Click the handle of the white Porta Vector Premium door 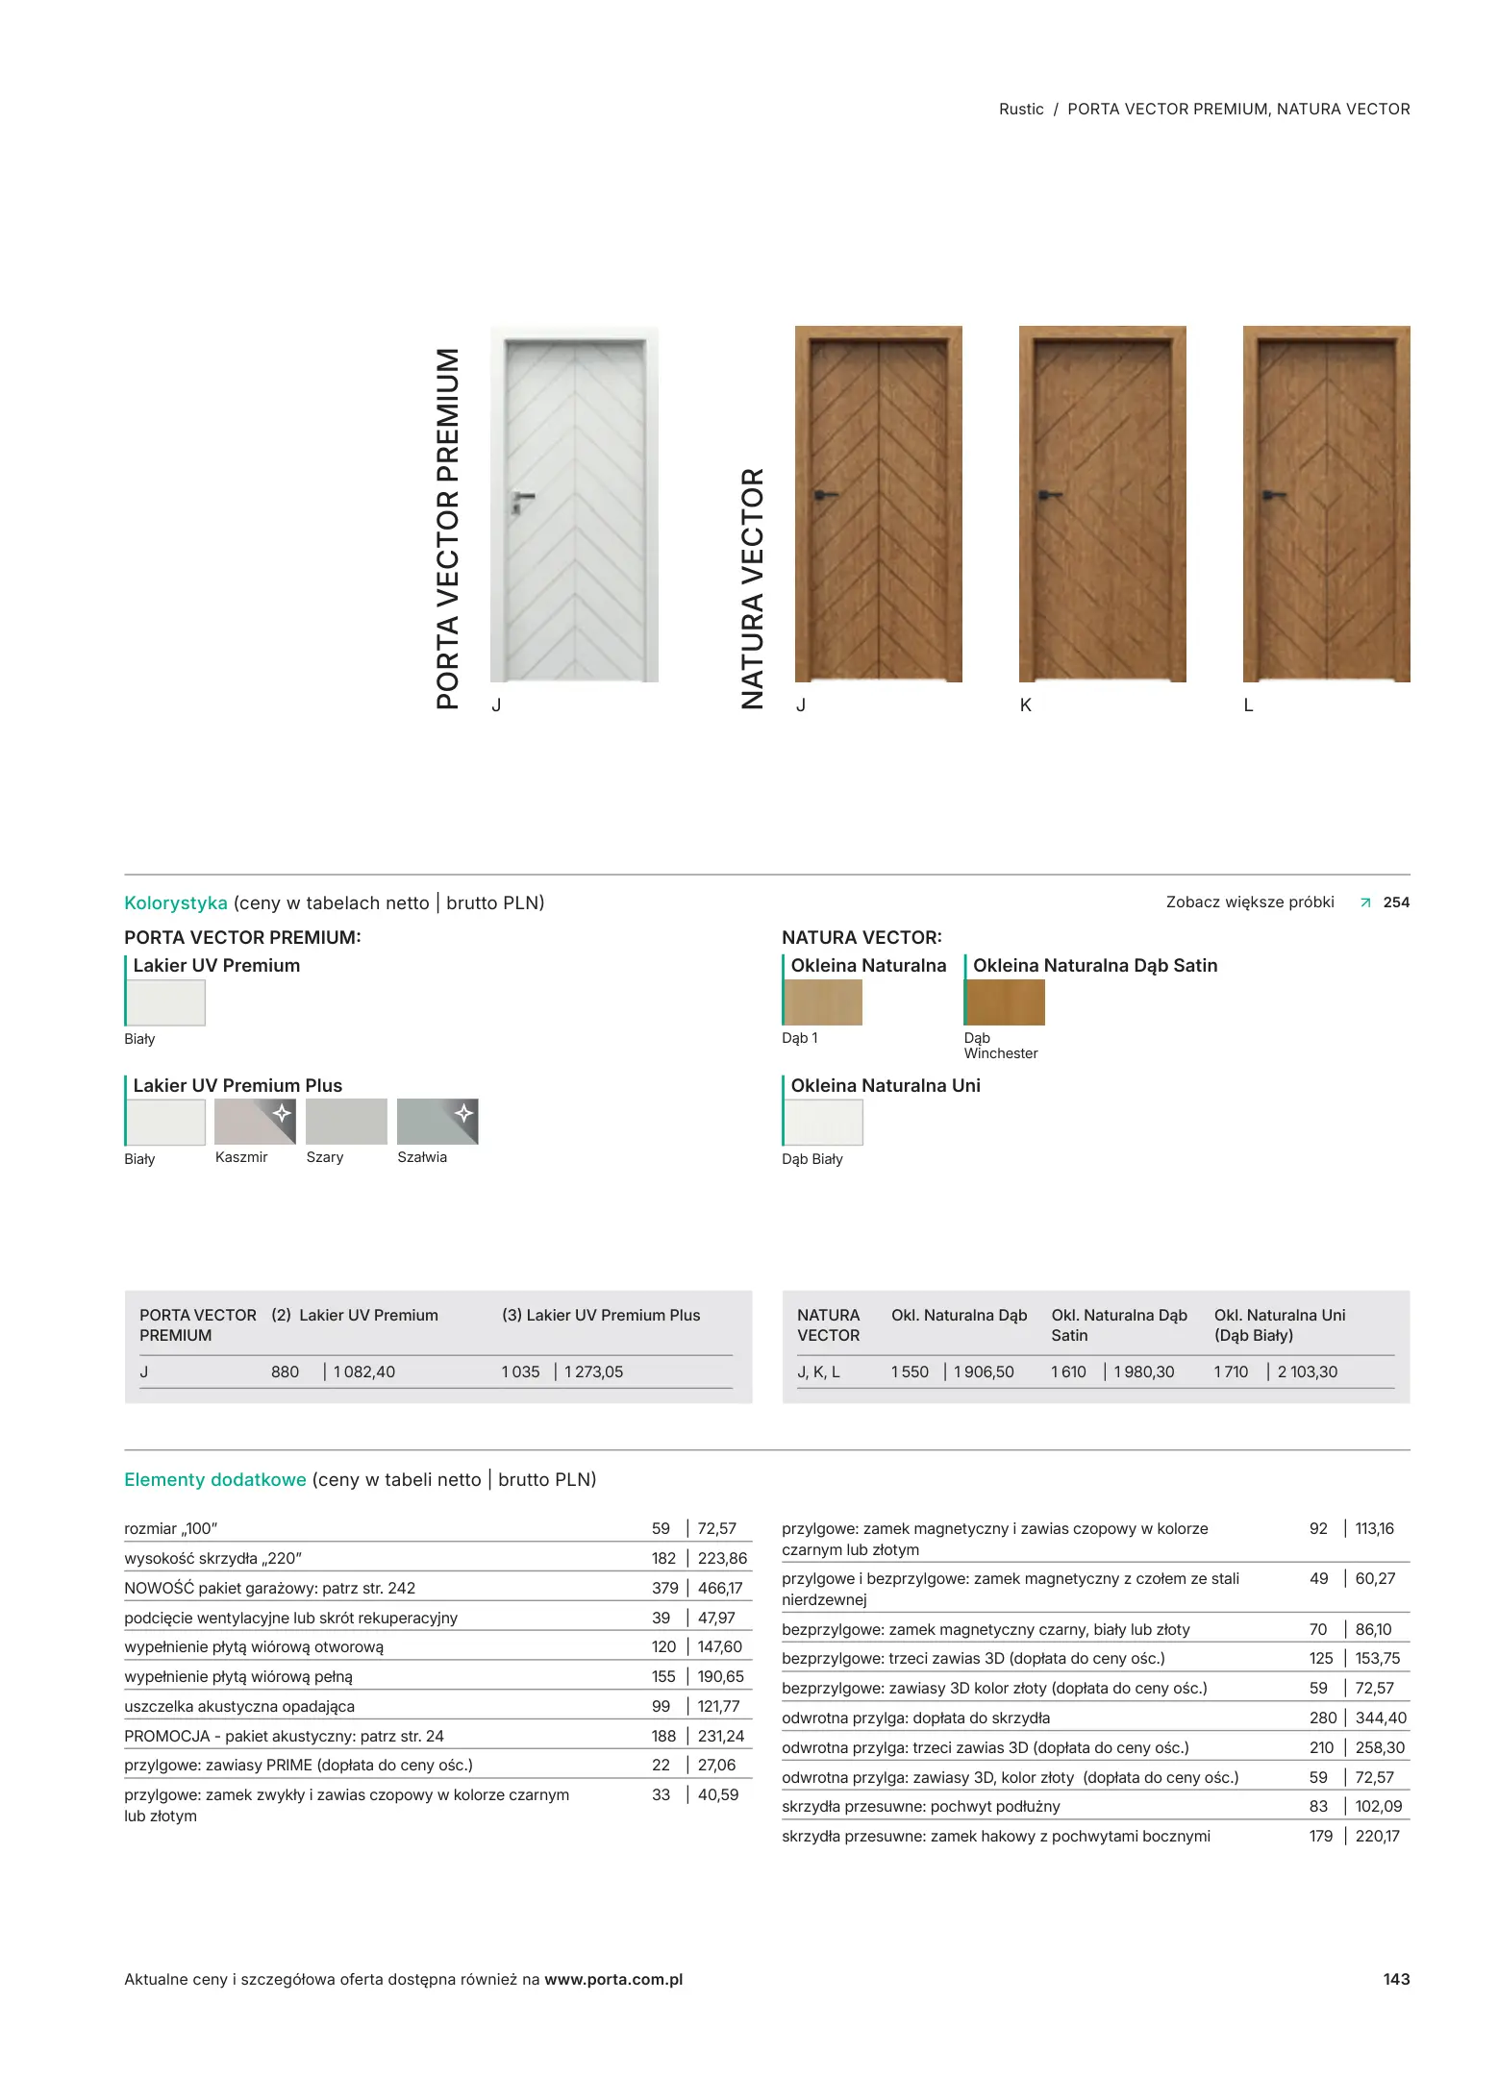[x=521, y=498]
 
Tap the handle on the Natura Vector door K [x=1049, y=496]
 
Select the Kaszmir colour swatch [x=255, y=1122]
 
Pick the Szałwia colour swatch [x=437, y=1122]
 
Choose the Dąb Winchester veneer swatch [x=1005, y=1002]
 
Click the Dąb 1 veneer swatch [x=823, y=1002]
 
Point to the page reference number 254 [x=1396, y=902]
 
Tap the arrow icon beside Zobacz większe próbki [x=1365, y=902]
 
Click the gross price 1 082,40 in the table [x=364, y=1372]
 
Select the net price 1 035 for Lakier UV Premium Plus [x=520, y=1372]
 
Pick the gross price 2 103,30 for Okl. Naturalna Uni [x=1308, y=1372]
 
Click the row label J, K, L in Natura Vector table [x=818, y=1372]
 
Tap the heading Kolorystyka [x=176, y=903]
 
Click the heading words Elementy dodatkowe [x=215, y=1480]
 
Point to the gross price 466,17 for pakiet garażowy [x=720, y=1588]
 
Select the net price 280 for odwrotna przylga [x=1323, y=1718]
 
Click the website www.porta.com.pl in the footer [x=613, y=1979]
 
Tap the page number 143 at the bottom [x=1396, y=1979]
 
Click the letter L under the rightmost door [x=1249, y=705]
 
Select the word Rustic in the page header [x=1021, y=110]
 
